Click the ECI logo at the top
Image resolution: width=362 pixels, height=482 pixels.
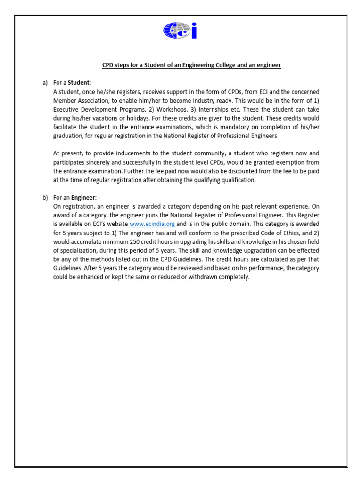click(180, 31)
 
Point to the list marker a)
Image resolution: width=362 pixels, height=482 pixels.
click(45, 83)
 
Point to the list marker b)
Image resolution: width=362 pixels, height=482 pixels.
click(45, 197)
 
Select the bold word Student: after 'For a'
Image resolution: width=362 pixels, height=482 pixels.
click(80, 83)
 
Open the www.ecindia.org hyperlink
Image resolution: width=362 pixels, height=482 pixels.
click(152, 224)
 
